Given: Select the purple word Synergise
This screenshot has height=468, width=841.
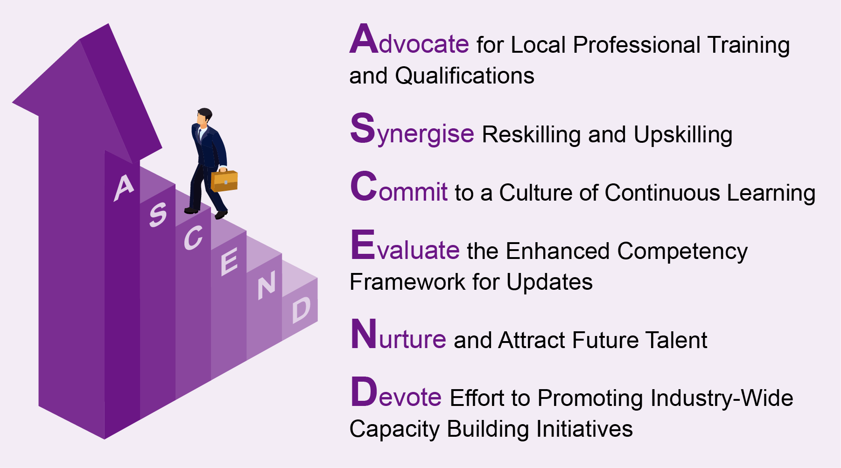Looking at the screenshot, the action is point(412,130).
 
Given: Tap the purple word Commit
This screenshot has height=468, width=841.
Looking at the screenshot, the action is point(399,187).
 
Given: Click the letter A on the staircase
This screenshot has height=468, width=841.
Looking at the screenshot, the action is point(124,188).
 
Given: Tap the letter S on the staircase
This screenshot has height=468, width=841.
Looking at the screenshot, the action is point(158,215).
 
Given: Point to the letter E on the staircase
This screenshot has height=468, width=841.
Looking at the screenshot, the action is point(229,261).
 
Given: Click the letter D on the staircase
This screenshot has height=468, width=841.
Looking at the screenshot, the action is point(301,310).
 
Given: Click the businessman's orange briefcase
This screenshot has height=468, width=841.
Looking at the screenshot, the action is point(224,181).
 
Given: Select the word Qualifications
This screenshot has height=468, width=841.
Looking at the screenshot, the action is point(464,76).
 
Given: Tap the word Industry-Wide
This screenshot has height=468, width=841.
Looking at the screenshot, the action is point(722,398).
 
